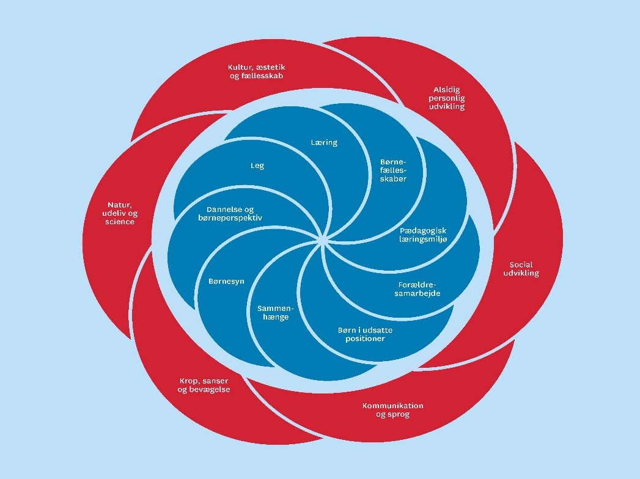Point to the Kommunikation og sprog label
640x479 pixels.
(x=392, y=410)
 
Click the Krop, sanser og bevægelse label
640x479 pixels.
(x=204, y=386)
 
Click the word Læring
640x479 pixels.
(x=325, y=142)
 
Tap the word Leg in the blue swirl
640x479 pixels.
(x=257, y=166)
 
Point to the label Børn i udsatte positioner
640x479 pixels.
(x=365, y=334)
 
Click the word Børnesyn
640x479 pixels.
(x=227, y=281)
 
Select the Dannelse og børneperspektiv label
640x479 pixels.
(x=230, y=213)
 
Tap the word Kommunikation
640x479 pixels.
(x=392, y=406)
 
